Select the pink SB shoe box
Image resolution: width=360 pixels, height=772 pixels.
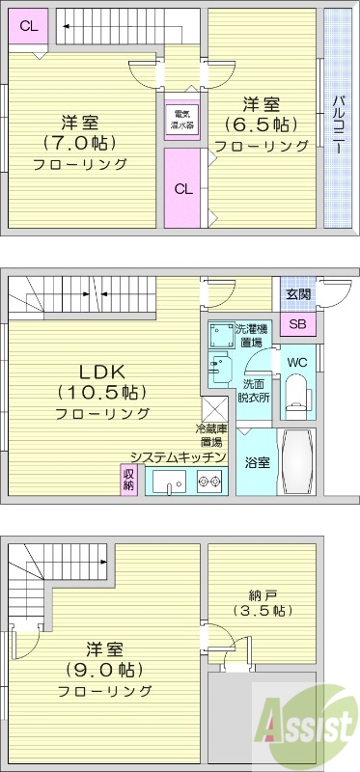pyautogui.click(x=296, y=324)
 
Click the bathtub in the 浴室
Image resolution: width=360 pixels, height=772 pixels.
pyautogui.click(x=295, y=462)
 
